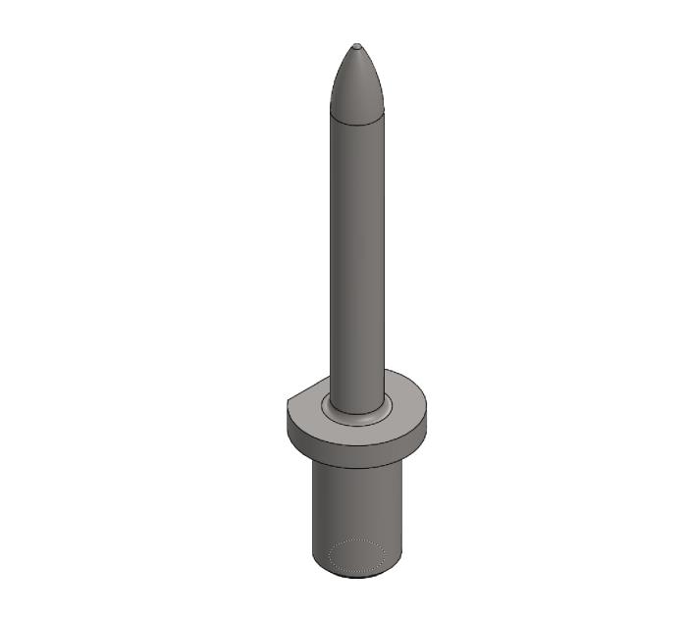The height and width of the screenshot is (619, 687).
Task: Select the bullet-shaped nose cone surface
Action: click(x=356, y=83)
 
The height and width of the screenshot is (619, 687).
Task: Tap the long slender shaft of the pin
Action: click(x=356, y=255)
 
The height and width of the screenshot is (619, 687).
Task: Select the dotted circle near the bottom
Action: click(x=356, y=556)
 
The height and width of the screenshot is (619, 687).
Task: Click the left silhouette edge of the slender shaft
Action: click(x=330, y=255)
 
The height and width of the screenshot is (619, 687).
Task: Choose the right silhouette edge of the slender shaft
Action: click(x=384, y=255)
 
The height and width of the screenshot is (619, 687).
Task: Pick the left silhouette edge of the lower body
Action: click(x=313, y=510)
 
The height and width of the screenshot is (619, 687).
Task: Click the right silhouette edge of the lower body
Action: click(x=402, y=510)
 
